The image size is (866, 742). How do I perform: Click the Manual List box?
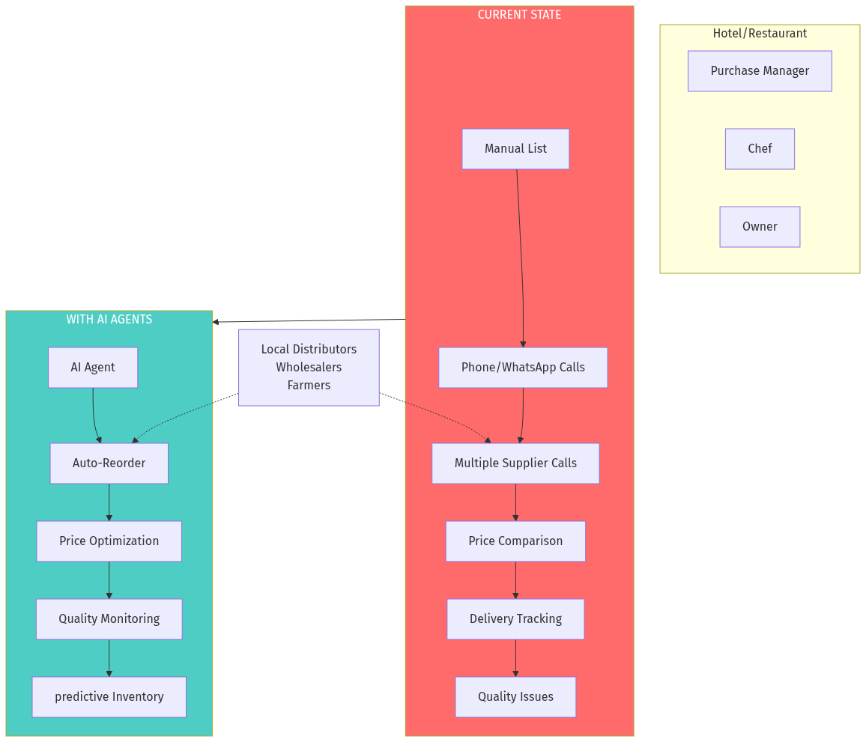515,149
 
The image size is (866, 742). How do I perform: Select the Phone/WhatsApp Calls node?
523,368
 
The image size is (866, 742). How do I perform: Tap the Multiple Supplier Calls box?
515,463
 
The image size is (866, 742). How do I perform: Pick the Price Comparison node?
515,541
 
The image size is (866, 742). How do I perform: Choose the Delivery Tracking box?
515,619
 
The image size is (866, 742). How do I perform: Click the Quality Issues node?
515,697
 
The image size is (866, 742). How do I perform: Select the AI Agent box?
93,368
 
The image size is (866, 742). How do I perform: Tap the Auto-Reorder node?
109,463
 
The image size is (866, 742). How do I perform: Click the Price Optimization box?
109,541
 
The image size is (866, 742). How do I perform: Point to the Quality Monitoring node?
109,619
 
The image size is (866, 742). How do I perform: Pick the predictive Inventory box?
109,697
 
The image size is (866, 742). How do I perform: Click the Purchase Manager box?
760,71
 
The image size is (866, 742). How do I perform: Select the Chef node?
760,149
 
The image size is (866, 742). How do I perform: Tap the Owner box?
760,227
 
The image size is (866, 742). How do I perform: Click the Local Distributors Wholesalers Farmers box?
309,368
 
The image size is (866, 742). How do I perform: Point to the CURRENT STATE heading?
519,15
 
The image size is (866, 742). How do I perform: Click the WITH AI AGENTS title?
109,320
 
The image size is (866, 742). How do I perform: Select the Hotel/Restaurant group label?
760,34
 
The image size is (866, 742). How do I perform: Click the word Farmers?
309,386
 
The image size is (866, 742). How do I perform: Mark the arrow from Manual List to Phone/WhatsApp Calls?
521,262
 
